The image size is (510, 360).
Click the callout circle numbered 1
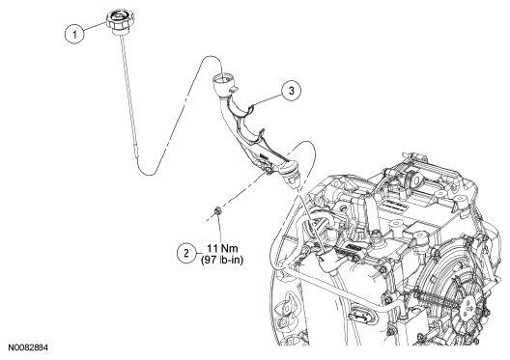[74, 34]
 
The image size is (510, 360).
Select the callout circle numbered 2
[186, 253]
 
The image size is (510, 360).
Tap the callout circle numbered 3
[291, 91]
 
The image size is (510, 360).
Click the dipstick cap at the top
[118, 21]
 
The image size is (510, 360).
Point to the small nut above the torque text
[217, 210]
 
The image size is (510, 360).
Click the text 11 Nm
[223, 249]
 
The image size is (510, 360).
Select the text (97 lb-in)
[222, 260]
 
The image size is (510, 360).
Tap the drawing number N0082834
[28, 347]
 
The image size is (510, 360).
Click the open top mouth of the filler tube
[223, 78]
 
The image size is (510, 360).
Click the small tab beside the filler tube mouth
[234, 89]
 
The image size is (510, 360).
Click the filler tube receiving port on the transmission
[326, 259]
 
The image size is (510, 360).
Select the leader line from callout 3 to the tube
[268, 99]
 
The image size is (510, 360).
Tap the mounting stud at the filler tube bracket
[268, 171]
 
